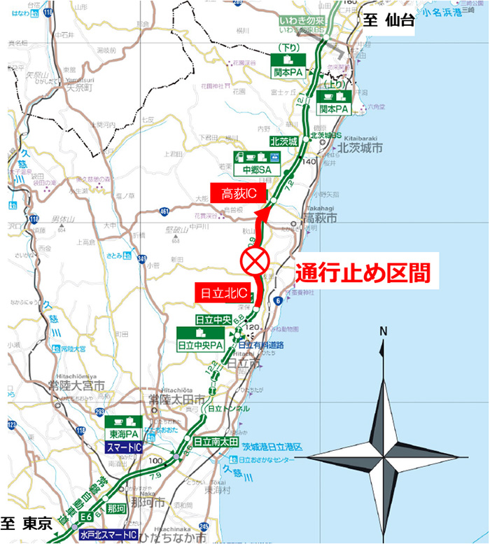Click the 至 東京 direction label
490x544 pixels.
[28, 523]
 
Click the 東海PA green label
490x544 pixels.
[124, 433]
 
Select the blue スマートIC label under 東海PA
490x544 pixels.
[124, 447]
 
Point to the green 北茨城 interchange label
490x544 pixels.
[283, 141]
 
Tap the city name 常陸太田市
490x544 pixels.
[174, 399]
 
